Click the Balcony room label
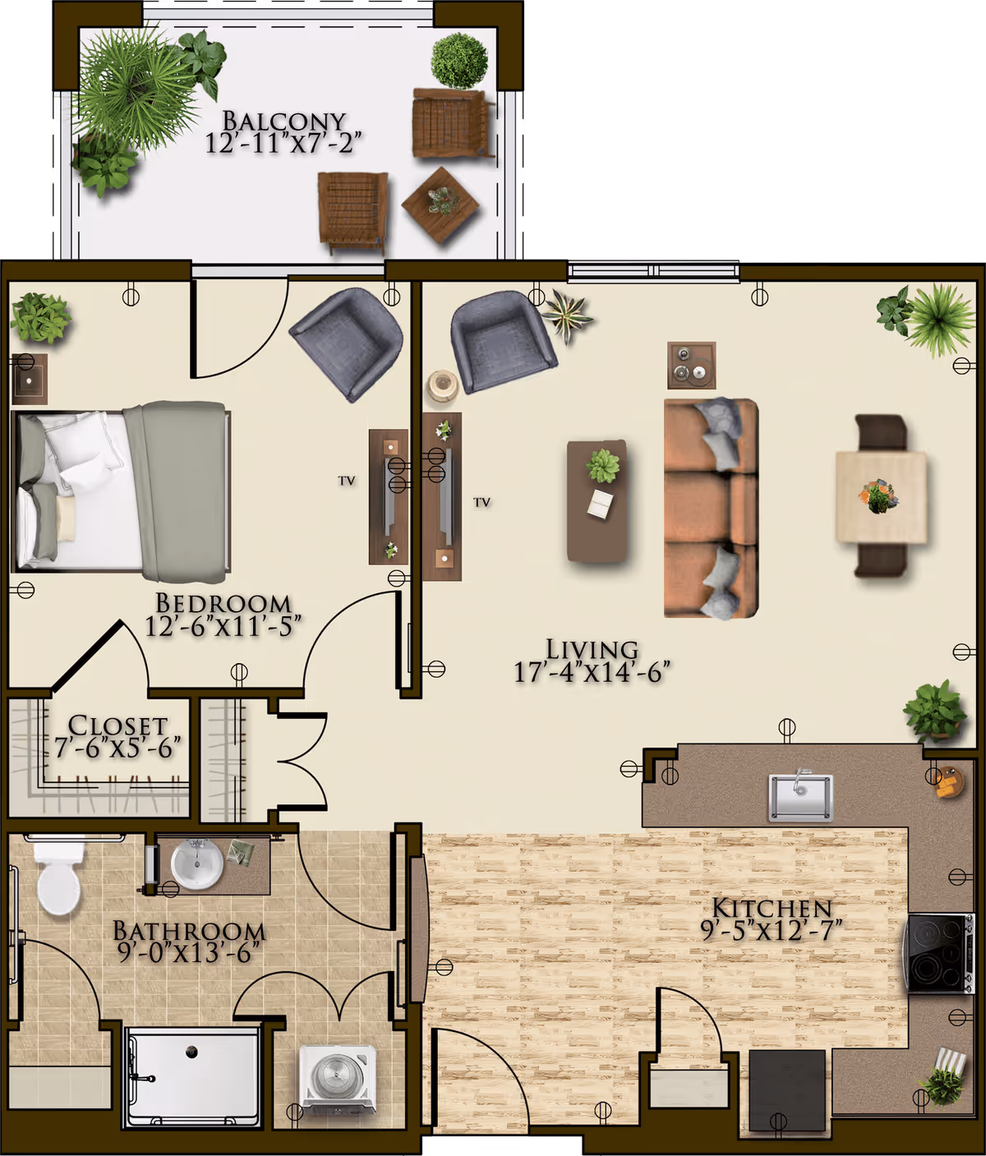(284, 122)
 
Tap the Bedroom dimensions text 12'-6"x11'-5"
(223, 627)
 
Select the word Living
(592, 650)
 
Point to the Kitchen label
(772, 909)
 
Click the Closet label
(117, 725)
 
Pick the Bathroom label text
(189, 931)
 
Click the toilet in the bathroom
(58, 879)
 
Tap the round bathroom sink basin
(196, 864)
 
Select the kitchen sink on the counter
(800, 796)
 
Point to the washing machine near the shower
(338, 1075)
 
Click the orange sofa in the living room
(710, 508)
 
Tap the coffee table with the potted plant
(598, 501)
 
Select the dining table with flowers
(881, 497)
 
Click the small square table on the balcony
(440, 204)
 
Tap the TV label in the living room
(481, 502)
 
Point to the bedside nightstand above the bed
(30, 380)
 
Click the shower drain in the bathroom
(192, 1050)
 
